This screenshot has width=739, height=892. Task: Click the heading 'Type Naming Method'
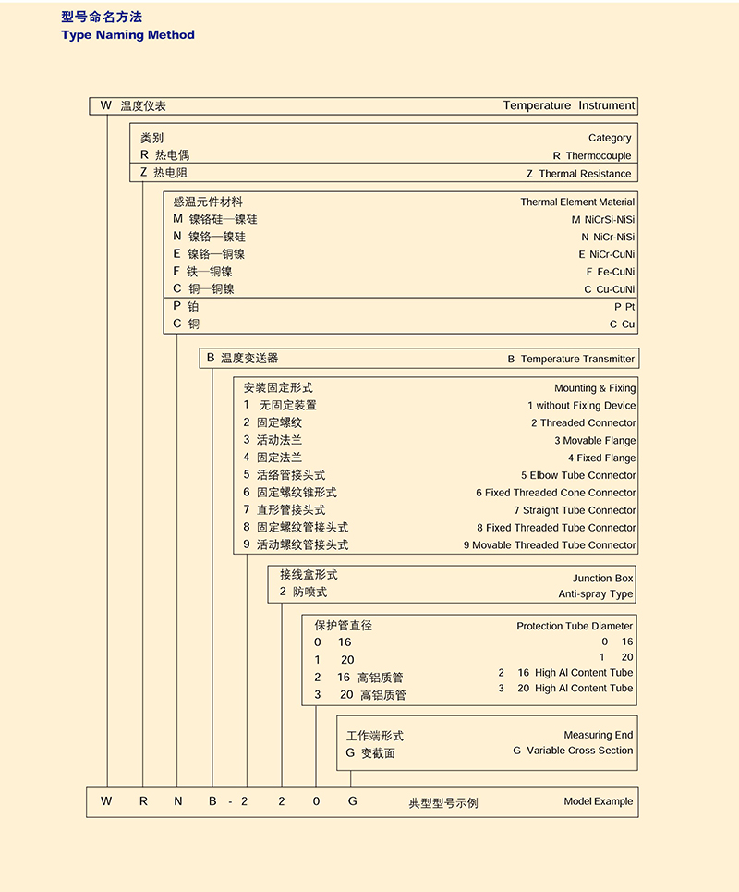pos(127,35)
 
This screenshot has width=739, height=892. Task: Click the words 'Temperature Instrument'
pos(568,105)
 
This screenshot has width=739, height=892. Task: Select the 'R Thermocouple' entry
pos(592,156)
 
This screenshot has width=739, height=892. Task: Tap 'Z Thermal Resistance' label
pos(579,174)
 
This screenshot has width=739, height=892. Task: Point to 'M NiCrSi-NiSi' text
pos(603,220)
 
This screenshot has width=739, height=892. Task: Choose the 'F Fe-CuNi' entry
pos(611,272)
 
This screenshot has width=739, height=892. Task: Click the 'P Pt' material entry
pos(624,307)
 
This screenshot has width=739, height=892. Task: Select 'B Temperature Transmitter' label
pos(571,359)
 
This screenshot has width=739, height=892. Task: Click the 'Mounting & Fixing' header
pos(594,388)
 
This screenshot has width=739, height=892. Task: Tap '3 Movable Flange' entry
pos(594,441)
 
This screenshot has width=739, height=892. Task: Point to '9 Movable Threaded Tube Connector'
pos(550,545)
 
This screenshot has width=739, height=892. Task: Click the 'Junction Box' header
pos(603,578)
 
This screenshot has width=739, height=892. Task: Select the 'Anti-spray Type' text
pos(595,594)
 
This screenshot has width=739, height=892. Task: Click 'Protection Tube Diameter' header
pos(575,626)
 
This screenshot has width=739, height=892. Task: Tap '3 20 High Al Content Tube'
pos(565,688)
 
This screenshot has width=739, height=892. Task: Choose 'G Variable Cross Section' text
pos(573,751)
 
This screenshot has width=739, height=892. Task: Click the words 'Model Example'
pos(599,801)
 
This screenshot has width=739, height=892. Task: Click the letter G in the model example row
pos(352,801)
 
